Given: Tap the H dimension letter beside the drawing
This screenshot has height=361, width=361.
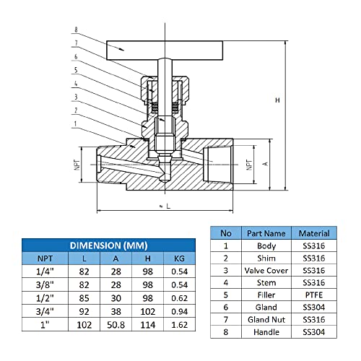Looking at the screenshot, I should tap(277, 100).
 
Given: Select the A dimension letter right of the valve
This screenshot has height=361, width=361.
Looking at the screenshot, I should tap(265, 164).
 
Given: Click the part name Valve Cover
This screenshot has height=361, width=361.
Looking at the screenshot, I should tap(266, 270).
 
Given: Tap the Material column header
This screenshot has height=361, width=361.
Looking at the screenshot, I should tap(313, 233).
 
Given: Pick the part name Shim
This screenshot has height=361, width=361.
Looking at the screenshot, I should tap(266, 258).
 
